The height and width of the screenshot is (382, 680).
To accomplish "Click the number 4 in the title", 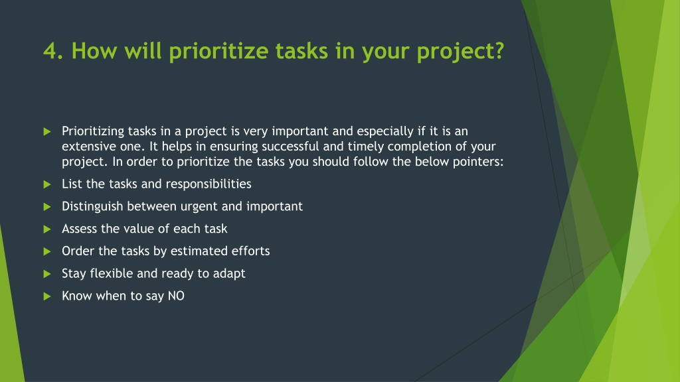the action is [x=50, y=50].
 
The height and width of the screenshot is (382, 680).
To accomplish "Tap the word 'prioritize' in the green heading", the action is [x=219, y=52].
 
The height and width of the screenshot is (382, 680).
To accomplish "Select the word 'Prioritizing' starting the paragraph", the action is [x=93, y=131].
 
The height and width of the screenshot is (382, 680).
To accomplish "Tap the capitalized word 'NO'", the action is [x=176, y=296].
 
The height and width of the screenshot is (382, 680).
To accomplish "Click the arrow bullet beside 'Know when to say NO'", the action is [x=47, y=296].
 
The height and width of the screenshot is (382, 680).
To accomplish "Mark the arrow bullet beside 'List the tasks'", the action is [x=47, y=184].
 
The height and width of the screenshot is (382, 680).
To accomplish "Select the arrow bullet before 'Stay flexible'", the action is [x=47, y=274].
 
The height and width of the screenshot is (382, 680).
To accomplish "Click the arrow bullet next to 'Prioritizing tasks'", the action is [x=47, y=132].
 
